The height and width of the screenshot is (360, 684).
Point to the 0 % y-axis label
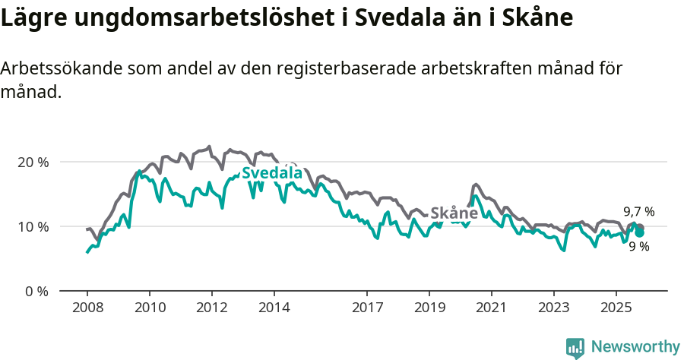tap(35, 292)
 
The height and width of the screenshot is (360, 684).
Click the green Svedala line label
tap(272, 173)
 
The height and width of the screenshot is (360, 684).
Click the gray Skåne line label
tap(454, 213)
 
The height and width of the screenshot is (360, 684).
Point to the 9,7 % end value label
tap(639, 212)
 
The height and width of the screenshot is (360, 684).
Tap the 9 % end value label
tap(639, 246)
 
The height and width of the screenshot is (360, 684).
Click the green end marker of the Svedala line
tap(640, 232)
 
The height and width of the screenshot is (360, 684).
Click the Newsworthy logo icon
tap(575, 348)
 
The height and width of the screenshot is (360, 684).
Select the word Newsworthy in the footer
tap(635, 347)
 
